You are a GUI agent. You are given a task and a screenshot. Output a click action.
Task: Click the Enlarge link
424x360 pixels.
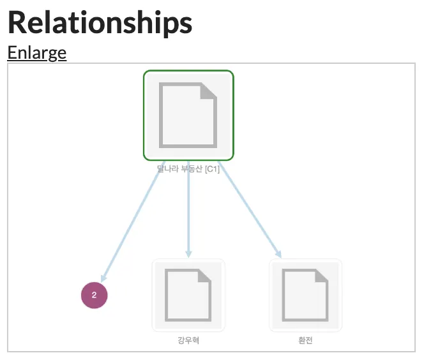[36, 52]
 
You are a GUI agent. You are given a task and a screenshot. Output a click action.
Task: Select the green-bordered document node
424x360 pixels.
[188, 115]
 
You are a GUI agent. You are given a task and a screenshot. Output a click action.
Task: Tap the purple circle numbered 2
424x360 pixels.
[95, 295]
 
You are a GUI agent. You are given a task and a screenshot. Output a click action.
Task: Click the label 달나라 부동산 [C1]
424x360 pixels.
[188, 169]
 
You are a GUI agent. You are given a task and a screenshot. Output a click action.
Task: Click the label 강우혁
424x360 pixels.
[188, 340]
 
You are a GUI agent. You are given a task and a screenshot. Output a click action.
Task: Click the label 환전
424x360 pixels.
[305, 340]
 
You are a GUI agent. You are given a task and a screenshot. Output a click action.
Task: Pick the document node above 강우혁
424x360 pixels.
[188, 294]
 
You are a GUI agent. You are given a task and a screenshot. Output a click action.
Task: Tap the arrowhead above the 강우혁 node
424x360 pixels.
[188, 253]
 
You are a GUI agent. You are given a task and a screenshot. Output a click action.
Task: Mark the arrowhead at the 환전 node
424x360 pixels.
[277, 253]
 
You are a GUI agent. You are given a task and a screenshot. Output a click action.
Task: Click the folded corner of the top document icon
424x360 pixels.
[208, 92]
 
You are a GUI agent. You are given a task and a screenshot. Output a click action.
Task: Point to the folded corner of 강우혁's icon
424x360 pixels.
[204, 276]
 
